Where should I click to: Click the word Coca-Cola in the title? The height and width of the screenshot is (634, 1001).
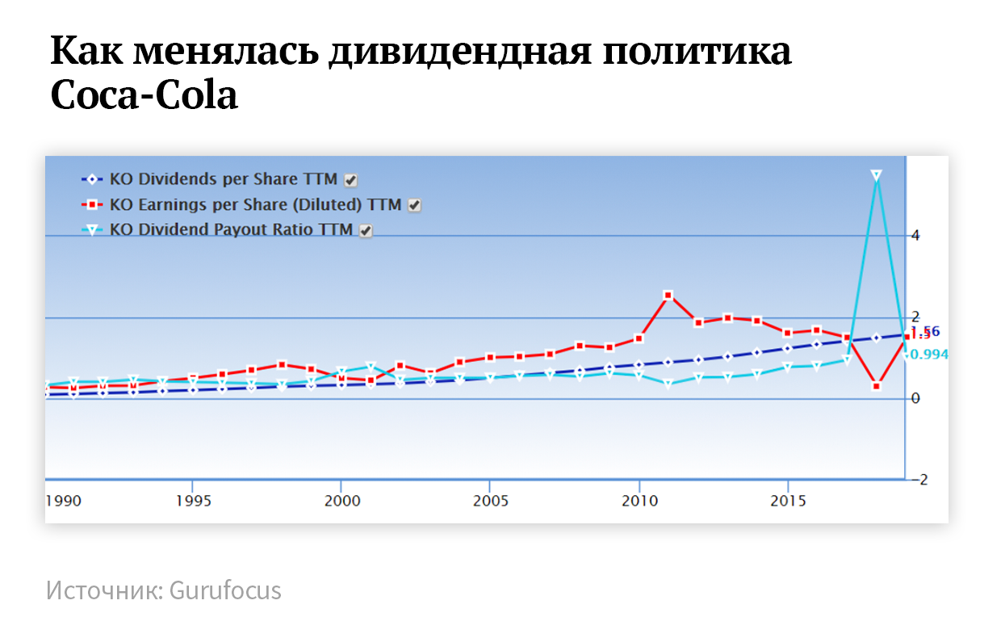pyautogui.click(x=144, y=96)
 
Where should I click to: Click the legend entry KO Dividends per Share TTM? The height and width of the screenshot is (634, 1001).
pyautogui.click(x=223, y=179)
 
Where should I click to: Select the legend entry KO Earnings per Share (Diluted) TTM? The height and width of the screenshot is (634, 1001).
pyautogui.click(x=256, y=204)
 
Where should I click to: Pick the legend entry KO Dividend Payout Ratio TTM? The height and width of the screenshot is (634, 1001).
pyautogui.click(x=231, y=229)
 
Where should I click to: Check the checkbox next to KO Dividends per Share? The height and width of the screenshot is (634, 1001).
pyautogui.click(x=351, y=180)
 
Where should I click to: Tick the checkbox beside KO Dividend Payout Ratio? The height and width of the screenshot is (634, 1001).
pyautogui.click(x=366, y=230)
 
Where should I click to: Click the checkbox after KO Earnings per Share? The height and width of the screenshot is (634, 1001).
pyautogui.click(x=414, y=205)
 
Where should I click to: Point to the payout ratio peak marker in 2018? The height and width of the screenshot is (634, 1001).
pyautogui.click(x=876, y=175)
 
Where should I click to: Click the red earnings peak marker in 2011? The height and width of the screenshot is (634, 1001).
pyautogui.click(x=668, y=296)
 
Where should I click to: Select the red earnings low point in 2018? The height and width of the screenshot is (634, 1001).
pyautogui.click(x=876, y=386)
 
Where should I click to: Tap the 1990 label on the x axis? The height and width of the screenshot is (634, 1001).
pyautogui.click(x=64, y=501)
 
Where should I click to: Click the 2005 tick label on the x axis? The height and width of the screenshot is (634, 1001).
pyautogui.click(x=490, y=501)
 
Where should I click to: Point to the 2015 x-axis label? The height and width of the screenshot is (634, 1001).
pyautogui.click(x=788, y=501)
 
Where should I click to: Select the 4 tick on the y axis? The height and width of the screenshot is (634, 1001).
pyautogui.click(x=915, y=236)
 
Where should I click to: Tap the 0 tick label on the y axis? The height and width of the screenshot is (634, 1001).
pyautogui.click(x=915, y=398)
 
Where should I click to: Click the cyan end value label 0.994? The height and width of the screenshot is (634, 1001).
pyautogui.click(x=928, y=354)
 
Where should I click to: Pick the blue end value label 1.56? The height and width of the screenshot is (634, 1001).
pyautogui.click(x=926, y=330)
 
